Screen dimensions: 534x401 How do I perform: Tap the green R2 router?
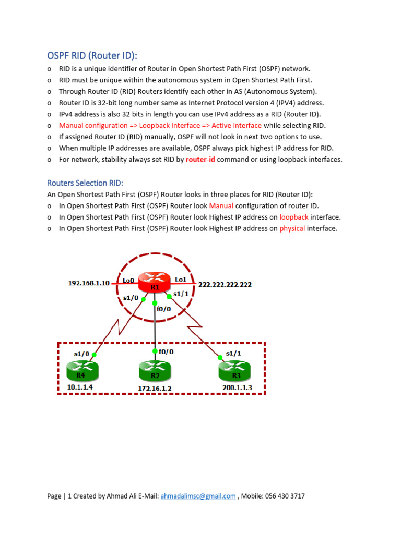(155, 372)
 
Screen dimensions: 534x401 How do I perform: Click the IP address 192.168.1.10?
(89, 283)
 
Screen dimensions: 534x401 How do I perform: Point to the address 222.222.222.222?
(225, 284)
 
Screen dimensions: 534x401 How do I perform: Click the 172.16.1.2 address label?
(155, 389)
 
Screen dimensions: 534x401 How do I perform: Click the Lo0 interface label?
(128, 280)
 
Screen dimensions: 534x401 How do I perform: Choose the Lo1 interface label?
(180, 280)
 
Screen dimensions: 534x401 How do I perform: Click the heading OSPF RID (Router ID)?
(96, 55)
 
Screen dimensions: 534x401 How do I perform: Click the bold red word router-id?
(200, 160)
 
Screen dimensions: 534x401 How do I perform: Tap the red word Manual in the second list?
(221, 205)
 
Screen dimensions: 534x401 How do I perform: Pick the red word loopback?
(294, 217)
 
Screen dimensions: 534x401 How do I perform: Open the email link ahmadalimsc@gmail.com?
(198, 496)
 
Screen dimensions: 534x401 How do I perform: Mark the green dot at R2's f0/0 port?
(155, 351)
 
